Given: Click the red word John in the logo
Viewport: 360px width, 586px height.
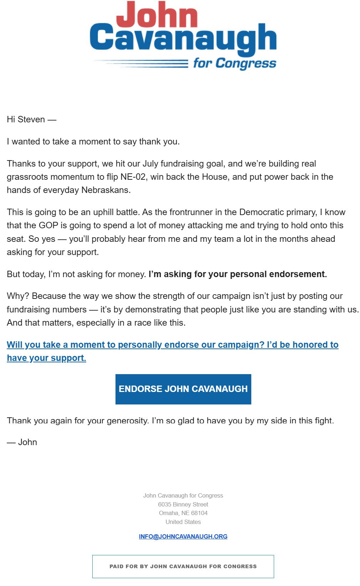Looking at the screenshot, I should tap(157, 15).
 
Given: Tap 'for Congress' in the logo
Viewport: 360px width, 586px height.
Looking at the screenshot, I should tap(235, 63).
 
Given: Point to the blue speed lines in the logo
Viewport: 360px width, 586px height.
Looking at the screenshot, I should tap(143, 64).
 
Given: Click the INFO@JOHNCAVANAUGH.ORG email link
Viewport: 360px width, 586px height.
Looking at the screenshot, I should tap(183, 536).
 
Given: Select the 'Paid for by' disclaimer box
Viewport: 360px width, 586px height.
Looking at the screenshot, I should tap(183, 566).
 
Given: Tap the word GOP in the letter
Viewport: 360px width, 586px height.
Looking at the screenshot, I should tap(48, 225).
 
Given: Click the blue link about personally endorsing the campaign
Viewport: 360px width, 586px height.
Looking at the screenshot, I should tap(172, 345).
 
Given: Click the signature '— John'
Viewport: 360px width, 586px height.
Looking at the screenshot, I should tap(22, 442).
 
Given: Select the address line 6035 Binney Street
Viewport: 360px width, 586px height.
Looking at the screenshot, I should tap(183, 504).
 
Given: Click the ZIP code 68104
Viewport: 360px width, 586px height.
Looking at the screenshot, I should tap(199, 513).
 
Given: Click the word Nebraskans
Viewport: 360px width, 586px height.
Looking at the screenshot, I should tap(106, 190).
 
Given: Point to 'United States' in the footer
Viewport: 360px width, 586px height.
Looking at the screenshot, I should tap(183, 522).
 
